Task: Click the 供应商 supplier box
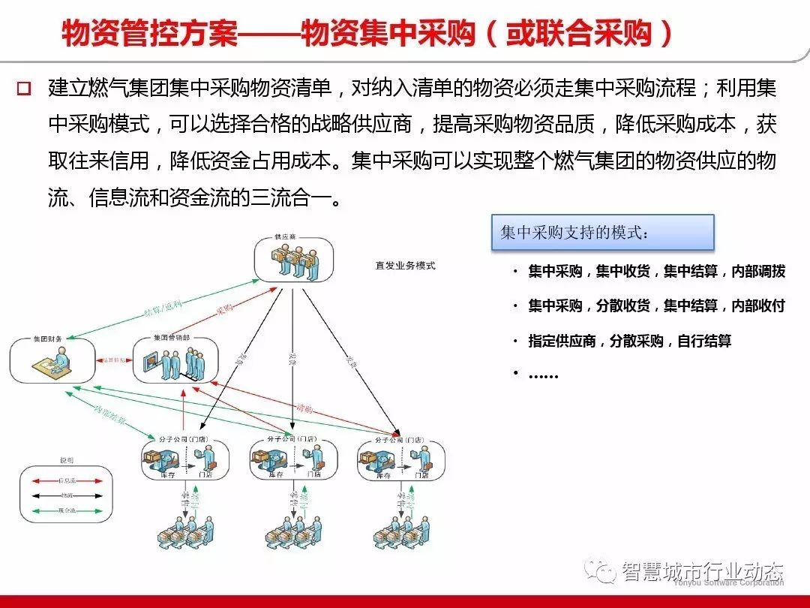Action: pos(292,260)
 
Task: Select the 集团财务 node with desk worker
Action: pos(52,360)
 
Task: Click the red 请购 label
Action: pos(304,408)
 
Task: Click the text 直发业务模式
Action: pos(405,266)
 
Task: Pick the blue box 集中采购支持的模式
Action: pos(602,233)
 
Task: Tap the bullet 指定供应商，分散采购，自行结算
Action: pos(629,341)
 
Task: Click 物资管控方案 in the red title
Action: pos(149,34)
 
